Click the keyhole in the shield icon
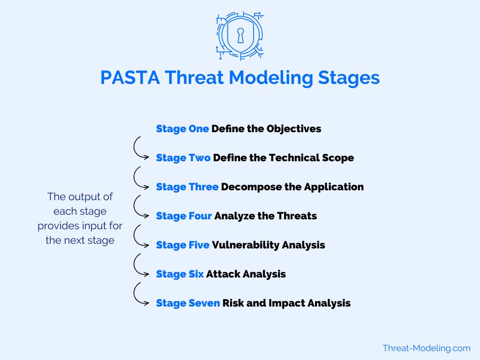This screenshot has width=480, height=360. click(240, 36)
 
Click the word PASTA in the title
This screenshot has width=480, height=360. click(130, 77)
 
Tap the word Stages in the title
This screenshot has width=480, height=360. click(349, 78)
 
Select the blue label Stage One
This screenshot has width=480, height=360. click(182, 129)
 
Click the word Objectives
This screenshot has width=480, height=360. click(294, 129)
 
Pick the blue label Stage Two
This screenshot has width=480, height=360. click(183, 158)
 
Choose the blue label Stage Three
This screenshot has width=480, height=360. click(187, 187)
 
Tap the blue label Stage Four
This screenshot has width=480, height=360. click(184, 216)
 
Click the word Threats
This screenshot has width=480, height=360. click(297, 216)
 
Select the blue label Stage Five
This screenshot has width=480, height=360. click(183, 245)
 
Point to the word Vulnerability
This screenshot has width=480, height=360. click(246, 245)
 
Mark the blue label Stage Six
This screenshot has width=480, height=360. click(180, 274)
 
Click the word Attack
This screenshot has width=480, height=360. click(223, 274)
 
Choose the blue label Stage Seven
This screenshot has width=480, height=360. click(188, 303)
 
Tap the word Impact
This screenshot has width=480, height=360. click(287, 303)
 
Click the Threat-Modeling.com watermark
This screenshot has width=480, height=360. click(427, 348)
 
